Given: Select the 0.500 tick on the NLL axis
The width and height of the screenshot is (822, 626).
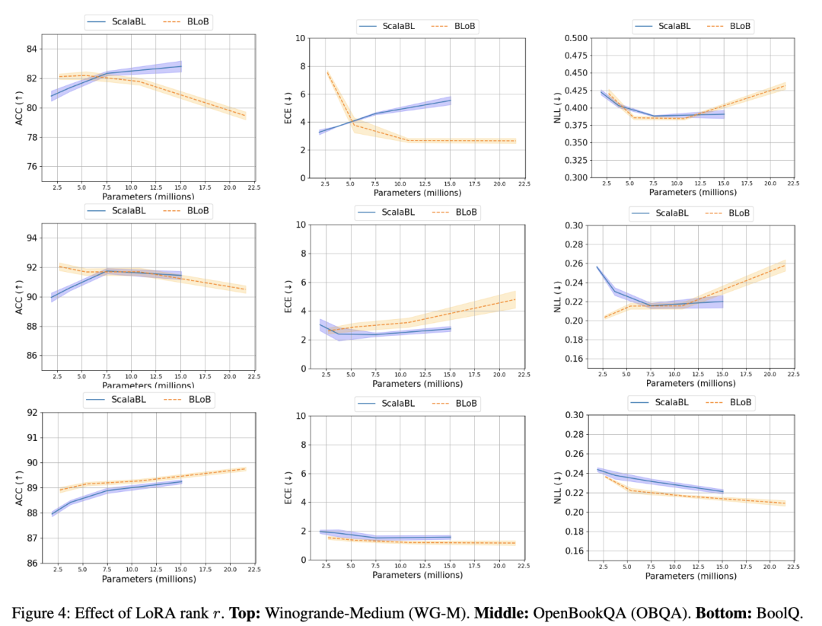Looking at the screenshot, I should click(x=575, y=38).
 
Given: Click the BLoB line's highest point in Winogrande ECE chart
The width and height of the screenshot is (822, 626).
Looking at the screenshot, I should click(x=327, y=72).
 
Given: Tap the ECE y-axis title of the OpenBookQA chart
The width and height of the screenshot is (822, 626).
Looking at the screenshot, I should click(x=289, y=296).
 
